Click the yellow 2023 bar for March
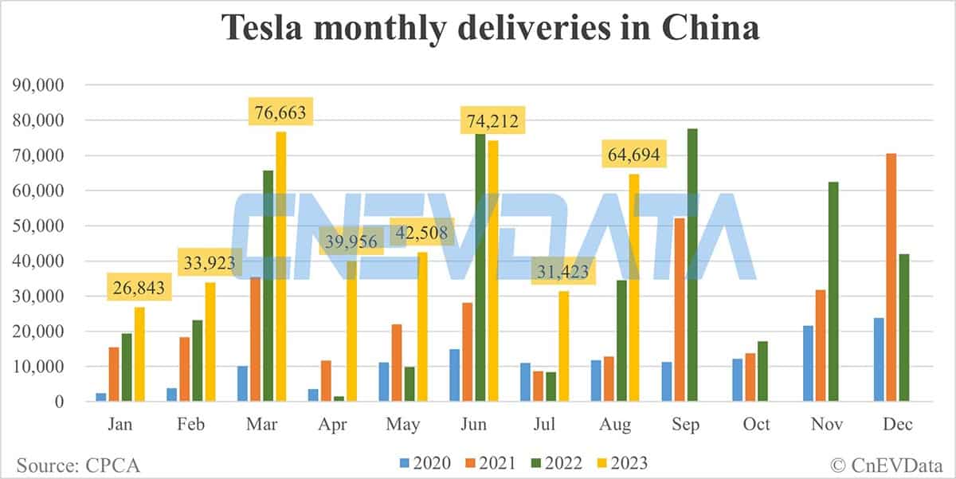280,267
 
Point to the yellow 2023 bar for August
634,288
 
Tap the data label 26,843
139,288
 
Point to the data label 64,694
633,155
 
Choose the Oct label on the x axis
756,425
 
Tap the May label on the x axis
404,425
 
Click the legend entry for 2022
555,463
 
